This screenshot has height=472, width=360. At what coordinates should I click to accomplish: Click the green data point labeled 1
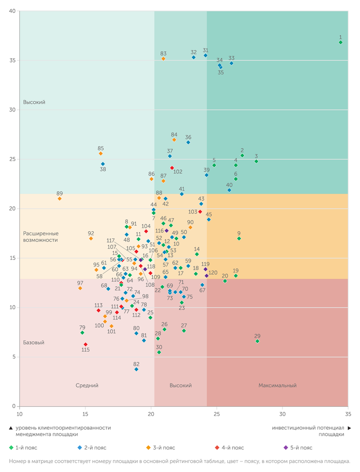[x=340, y=42]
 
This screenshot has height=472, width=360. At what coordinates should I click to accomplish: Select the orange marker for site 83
[x=163, y=59]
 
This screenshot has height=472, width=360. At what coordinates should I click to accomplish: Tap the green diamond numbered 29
[x=257, y=341]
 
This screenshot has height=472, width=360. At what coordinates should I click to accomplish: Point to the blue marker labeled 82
[x=136, y=369]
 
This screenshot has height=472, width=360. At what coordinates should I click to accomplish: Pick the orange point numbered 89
[x=60, y=199]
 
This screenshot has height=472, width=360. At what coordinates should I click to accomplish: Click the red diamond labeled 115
[x=85, y=344]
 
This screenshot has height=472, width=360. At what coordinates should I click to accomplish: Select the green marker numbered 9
[x=239, y=239]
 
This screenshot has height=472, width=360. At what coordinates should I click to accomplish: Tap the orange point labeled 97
[x=80, y=288]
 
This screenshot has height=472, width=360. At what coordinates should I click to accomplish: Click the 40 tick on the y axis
[x=12, y=11]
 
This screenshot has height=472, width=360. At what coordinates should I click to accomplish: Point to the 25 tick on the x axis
[x=217, y=414]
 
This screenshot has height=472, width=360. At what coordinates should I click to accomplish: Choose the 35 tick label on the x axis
[x=348, y=414]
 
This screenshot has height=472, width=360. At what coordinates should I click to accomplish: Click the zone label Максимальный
[x=277, y=386]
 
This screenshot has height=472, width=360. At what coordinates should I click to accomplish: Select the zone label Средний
[x=87, y=386]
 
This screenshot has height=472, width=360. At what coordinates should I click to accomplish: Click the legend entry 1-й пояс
[x=25, y=448]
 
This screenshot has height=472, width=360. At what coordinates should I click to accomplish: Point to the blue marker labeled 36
[x=188, y=142]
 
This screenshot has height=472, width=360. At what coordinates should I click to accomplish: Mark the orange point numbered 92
[x=91, y=239]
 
